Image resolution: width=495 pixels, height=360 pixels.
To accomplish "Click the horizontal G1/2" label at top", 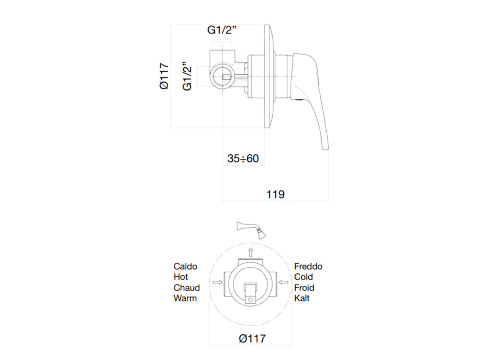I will [x=222, y=30].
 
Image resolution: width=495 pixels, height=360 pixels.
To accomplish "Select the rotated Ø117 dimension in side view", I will [x=164, y=76].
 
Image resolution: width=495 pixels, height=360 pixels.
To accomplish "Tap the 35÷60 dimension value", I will [x=243, y=158].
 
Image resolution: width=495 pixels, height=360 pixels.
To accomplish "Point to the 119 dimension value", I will [x=275, y=194].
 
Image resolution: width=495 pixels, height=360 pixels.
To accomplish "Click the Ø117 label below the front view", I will [x=252, y=338].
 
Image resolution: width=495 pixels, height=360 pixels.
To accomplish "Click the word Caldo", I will [x=185, y=266].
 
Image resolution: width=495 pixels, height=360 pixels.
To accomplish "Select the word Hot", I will [x=181, y=277].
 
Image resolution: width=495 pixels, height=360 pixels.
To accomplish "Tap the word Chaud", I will [x=187, y=288].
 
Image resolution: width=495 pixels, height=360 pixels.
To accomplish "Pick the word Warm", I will [x=185, y=298].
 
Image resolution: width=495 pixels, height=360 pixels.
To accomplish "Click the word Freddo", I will [x=308, y=266].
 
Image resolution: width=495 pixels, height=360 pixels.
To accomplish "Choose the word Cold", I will [x=304, y=277].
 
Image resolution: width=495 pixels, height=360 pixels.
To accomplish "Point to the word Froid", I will [x=305, y=288].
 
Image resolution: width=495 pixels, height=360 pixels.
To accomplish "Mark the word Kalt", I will [x=302, y=298].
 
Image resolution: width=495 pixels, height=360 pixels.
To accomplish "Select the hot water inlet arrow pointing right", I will [x=218, y=282].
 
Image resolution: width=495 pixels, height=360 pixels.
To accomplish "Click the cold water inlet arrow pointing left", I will [x=283, y=282].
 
